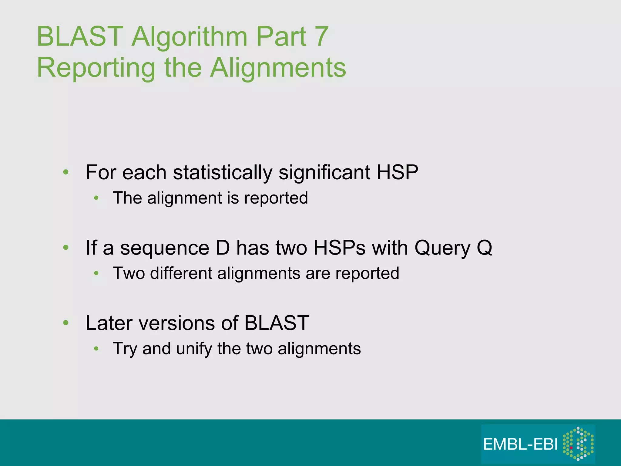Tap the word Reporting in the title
click(x=96, y=69)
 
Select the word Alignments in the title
click(x=278, y=68)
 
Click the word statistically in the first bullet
click(x=223, y=173)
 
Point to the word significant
click(x=325, y=173)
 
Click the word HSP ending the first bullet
click(x=397, y=173)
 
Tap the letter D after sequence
click(x=223, y=248)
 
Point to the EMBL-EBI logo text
click(x=520, y=445)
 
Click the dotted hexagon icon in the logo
click(x=578, y=444)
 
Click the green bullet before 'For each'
click(x=66, y=173)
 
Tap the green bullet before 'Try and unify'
click(x=96, y=349)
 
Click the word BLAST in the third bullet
click(x=277, y=323)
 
